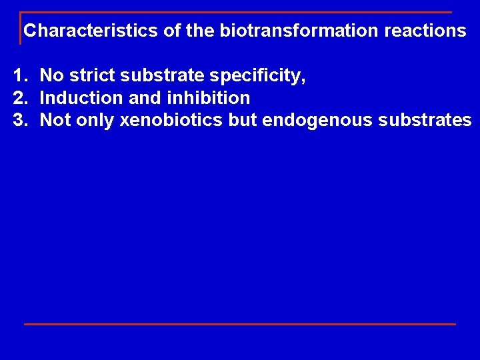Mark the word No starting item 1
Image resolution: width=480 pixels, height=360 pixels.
[x=51, y=76]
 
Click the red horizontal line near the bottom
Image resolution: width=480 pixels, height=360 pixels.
[x=240, y=324]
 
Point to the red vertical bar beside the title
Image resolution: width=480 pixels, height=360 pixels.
[x=21, y=28]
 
